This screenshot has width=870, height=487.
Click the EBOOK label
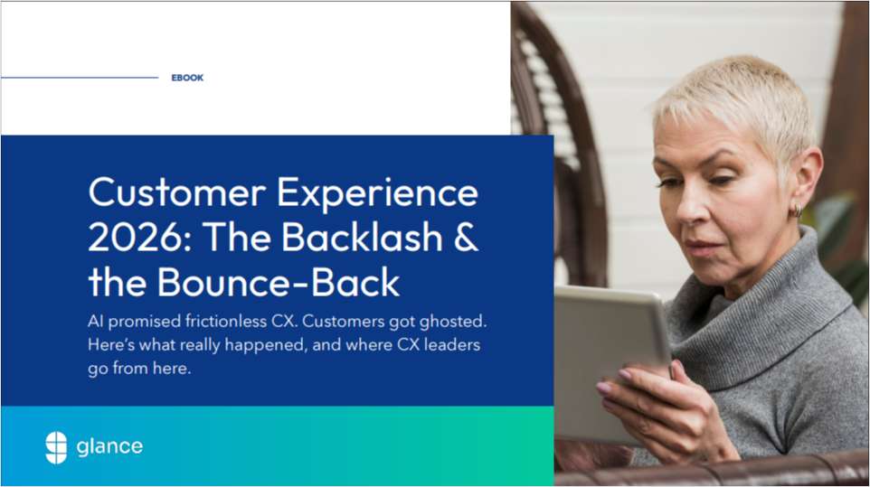pos(187,78)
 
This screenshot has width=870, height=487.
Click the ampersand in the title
pos(464,237)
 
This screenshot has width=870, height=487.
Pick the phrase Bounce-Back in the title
pos(279,282)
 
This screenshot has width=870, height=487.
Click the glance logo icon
pos(56,446)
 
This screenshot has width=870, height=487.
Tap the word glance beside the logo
pos(109,446)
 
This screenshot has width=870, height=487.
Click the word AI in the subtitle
pos(97,322)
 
